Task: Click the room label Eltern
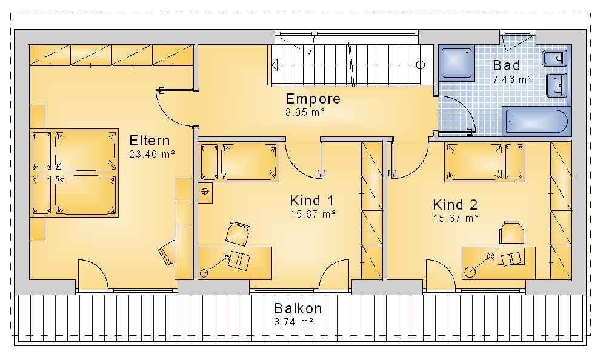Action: click(150, 141)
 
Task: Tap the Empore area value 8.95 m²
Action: click(305, 112)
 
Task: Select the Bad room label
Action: click(507, 65)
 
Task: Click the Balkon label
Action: click(298, 308)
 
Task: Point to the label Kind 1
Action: click(312, 201)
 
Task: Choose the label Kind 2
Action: click(455, 205)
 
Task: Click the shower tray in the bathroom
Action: click(456, 63)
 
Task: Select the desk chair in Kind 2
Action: click(511, 232)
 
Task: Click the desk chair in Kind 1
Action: click(238, 233)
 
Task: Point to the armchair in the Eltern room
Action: click(167, 253)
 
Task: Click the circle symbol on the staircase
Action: click(421, 65)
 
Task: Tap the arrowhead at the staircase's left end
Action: click(275, 65)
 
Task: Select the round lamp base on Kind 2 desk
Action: click(470, 272)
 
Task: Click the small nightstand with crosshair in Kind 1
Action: click(205, 192)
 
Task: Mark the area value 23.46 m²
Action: click(152, 154)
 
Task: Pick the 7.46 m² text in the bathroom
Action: click(513, 79)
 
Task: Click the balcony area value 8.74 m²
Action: click(294, 322)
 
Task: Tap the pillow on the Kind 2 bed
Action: click(514, 162)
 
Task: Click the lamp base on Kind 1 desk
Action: click(204, 273)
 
